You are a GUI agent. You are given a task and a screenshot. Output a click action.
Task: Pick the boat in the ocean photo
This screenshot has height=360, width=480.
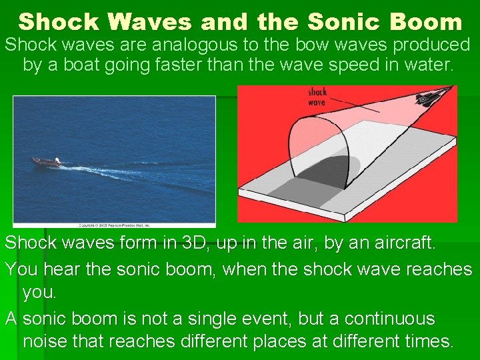[x=46, y=161]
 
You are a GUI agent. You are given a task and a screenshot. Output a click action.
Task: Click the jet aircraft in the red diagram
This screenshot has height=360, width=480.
[x=427, y=98]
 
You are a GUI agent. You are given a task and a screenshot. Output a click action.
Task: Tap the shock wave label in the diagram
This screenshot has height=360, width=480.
[x=317, y=97]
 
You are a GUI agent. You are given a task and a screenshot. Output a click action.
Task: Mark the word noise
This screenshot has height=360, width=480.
[x=44, y=342]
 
